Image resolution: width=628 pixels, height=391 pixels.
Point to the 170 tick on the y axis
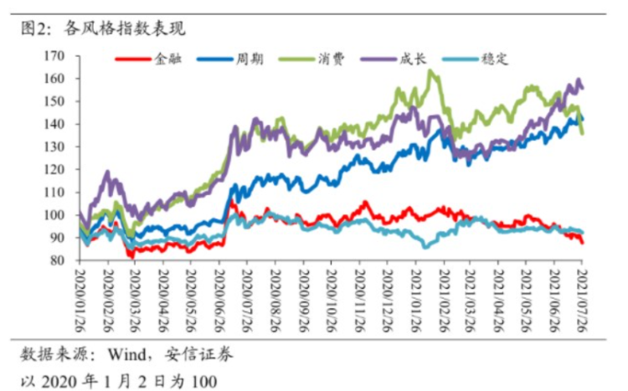[54, 56]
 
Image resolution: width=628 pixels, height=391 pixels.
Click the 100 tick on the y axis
[54, 215]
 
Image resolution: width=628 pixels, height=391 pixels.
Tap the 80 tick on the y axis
[58, 260]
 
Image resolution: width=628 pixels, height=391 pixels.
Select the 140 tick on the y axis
[54, 124]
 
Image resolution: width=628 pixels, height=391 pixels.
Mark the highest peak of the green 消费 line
[430, 71]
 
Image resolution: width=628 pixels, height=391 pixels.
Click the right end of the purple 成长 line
[582, 88]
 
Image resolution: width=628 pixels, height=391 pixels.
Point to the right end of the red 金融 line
[582, 242]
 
